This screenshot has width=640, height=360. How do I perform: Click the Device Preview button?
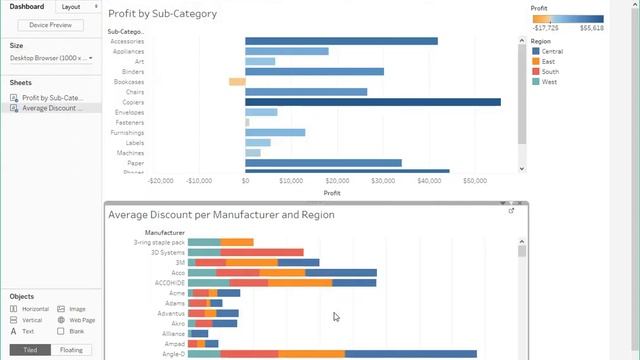pos(51,25)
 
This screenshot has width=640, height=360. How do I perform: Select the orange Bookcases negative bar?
pos(237,82)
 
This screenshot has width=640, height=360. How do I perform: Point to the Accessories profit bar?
pos(341,41)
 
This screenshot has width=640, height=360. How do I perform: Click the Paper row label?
pos(136,163)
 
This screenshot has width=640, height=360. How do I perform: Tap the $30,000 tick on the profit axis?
pos(384,181)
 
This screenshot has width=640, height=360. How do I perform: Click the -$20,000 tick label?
pos(161,181)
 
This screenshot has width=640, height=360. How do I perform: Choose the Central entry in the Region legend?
pos(551,50)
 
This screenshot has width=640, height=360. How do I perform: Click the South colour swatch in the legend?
pos(536,72)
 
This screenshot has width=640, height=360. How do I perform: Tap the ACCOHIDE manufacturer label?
pos(167,283)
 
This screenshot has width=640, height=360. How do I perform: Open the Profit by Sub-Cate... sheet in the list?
pos(55,98)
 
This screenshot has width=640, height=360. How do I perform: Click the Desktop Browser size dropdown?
pos(51,58)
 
